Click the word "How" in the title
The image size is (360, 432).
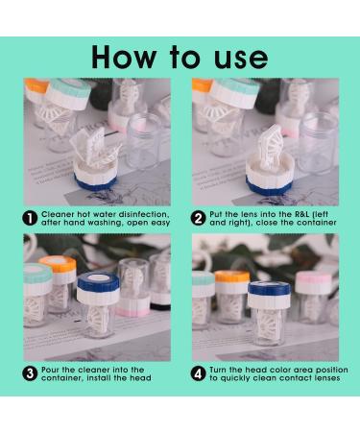124,58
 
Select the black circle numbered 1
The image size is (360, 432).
30,219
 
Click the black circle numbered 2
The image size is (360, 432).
199,219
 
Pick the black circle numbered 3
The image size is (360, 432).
30,374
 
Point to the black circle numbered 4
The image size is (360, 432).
199,374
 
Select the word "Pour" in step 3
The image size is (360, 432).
50,370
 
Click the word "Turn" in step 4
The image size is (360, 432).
218,370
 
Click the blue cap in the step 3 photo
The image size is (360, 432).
98,282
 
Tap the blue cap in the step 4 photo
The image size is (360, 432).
269,289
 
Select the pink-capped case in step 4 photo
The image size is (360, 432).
312,296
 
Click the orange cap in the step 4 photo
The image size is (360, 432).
232,276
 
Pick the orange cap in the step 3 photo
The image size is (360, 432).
58,264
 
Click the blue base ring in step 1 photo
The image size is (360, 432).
95,183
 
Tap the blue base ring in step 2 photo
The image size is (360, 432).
269,187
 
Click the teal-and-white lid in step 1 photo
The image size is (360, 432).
69,94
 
